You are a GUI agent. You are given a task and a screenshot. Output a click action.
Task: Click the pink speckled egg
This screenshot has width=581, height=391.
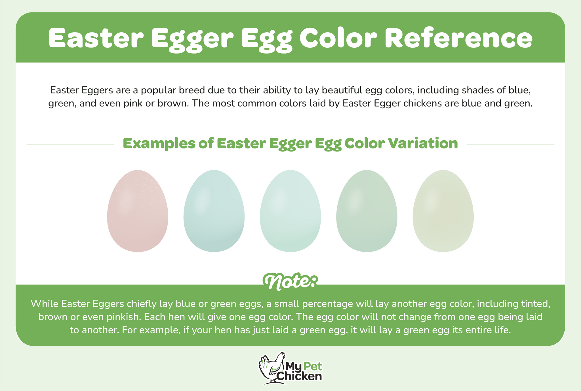(138, 211)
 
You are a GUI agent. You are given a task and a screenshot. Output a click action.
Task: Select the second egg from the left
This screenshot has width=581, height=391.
(214, 211)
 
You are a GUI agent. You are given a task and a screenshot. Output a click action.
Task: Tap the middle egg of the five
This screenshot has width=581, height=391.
(290, 211)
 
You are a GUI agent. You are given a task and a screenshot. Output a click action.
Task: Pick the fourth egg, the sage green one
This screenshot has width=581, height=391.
(367, 211)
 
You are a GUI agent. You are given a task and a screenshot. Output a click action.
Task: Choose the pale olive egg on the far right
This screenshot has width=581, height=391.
(443, 211)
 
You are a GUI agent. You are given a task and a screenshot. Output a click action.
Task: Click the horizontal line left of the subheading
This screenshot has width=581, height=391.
(70, 144)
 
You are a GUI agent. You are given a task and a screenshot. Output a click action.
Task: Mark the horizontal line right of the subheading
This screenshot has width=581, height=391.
(510, 144)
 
